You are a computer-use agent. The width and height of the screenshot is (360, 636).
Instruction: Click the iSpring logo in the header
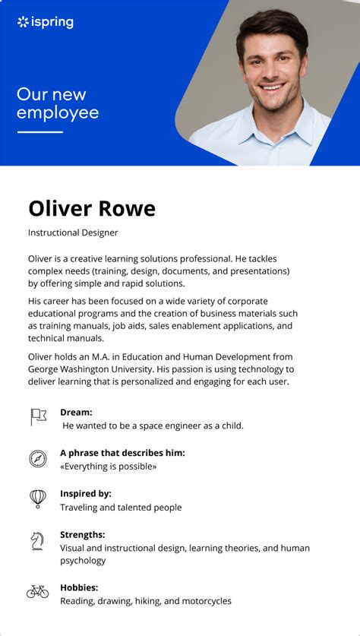click(x=46, y=22)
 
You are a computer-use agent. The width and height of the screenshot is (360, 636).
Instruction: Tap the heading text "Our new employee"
click(x=58, y=104)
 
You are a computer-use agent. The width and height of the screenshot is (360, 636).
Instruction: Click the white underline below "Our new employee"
click(x=39, y=132)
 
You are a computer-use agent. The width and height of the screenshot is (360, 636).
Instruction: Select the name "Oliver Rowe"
click(x=92, y=208)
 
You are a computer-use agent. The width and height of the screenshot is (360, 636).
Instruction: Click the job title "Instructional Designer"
click(x=73, y=233)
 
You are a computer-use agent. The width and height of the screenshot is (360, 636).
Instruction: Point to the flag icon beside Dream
click(x=38, y=416)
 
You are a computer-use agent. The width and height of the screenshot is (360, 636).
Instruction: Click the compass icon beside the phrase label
click(x=38, y=458)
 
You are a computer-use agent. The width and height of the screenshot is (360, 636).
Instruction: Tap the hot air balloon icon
click(x=38, y=498)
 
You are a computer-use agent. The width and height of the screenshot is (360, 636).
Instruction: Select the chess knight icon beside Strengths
click(x=37, y=540)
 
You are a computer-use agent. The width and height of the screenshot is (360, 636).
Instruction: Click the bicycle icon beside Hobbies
click(x=37, y=591)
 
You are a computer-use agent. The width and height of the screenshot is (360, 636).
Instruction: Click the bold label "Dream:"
click(x=76, y=412)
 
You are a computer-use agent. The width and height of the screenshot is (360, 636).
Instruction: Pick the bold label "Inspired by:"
click(x=86, y=493)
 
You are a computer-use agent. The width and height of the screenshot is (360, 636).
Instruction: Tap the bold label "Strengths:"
click(x=83, y=534)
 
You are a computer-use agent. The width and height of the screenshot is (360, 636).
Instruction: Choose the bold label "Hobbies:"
click(x=79, y=587)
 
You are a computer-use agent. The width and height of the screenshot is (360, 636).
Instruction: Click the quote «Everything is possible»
click(x=109, y=467)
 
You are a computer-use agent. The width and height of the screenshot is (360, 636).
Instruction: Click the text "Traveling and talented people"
click(x=121, y=507)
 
